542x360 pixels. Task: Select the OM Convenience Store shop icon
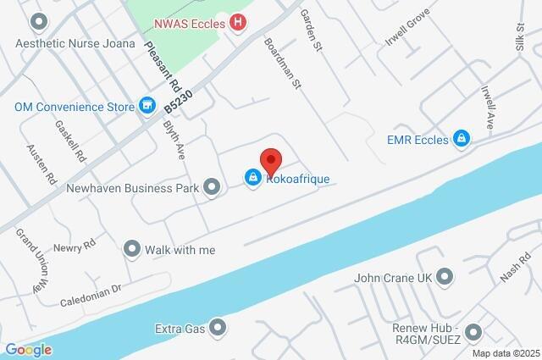[x=148, y=106]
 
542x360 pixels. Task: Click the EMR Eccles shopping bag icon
[x=462, y=137]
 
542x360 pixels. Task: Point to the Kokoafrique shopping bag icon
[x=252, y=177]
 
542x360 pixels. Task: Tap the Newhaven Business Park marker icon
[x=213, y=186]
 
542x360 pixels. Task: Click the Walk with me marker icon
[x=131, y=250]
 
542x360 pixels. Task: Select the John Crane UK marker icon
[x=446, y=277]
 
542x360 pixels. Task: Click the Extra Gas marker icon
[x=218, y=326]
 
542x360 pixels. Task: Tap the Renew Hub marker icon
[x=473, y=333]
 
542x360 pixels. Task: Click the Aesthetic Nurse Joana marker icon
[x=37, y=20]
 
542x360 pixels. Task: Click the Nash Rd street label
[x=514, y=270]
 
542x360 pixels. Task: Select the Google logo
[x=28, y=349]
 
